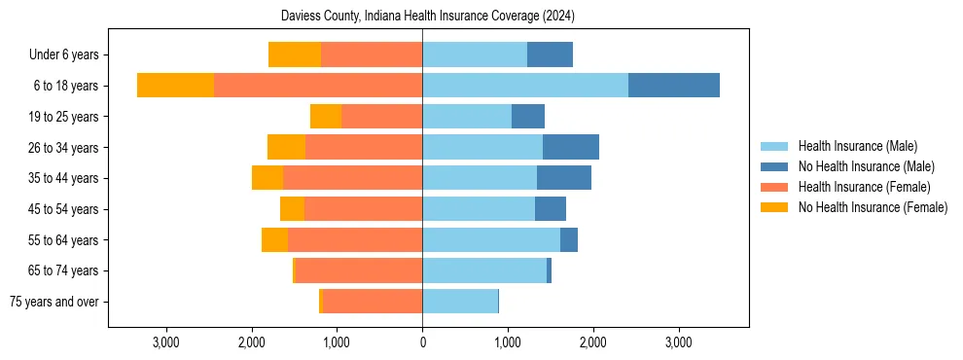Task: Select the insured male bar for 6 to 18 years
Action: click(525, 85)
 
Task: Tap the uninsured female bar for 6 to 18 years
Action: click(175, 85)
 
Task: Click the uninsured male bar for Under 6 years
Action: click(550, 54)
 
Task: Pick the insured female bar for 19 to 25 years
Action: click(381, 116)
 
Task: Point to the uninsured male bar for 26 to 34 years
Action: click(571, 147)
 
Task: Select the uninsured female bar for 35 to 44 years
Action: click(267, 177)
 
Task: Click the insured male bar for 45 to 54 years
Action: click(479, 208)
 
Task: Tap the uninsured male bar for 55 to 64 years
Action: click(569, 239)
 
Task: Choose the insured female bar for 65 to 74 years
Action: click(359, 270)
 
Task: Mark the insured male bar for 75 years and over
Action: click(460, 301)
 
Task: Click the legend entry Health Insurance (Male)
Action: click(856, 146)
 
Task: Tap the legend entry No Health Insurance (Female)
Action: click(873, 207)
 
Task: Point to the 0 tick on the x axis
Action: click(422, 342)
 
